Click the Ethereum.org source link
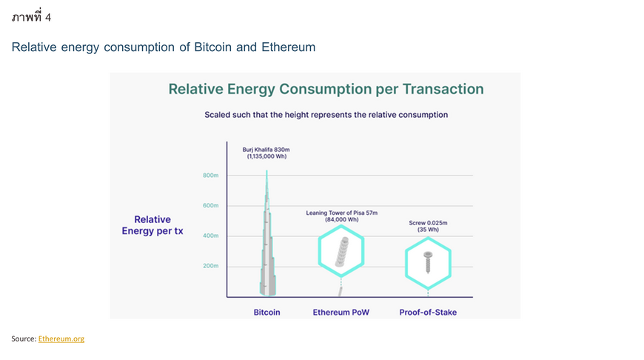coord(61,339)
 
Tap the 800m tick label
coord(210,176)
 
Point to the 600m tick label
coord(210,205)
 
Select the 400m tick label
coord(210,236)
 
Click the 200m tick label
coord(210,266)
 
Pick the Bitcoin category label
coord(266,313)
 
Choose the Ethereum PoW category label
coord(341,313)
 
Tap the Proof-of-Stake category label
coord(428,313)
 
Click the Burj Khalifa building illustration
coord(267,247)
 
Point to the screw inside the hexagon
coord(428,262)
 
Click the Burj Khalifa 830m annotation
coord(266,153)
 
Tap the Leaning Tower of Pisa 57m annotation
coord(342,216)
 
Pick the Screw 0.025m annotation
coord(428,226)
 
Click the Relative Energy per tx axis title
coord(152,225)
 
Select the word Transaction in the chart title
coord(443,89)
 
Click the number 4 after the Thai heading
coord(48,17)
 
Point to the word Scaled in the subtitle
coord(218,115)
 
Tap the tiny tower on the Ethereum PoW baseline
coord(340,291)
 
